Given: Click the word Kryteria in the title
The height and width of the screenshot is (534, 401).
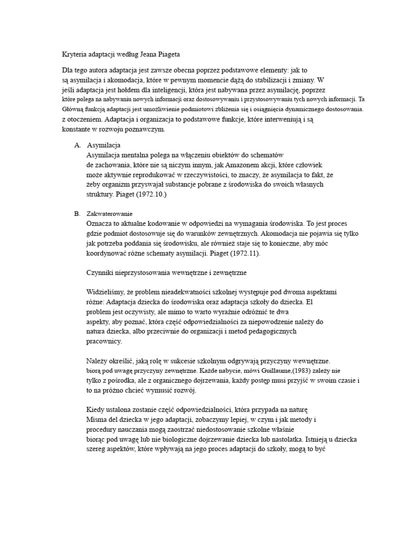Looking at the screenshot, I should tap(70, 55).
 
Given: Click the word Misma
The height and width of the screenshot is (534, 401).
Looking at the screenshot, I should tap(96, 420).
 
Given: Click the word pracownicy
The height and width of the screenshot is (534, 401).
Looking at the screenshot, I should tap(103, 342).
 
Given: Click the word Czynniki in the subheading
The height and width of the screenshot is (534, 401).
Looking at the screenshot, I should tap(98, 273).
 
